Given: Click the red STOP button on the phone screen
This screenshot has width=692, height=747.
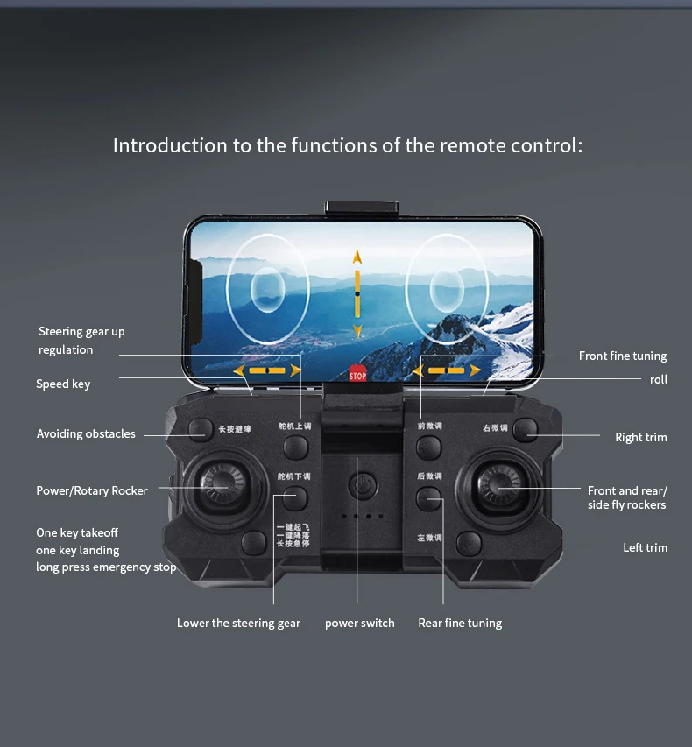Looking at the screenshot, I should (x=357, y=374).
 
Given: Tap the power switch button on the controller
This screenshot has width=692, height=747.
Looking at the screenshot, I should (x=360, y=483).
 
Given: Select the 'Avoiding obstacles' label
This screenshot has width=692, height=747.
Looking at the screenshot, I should (x=86, y=434).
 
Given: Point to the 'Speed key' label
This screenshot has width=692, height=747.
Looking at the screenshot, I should (x=63, y=384).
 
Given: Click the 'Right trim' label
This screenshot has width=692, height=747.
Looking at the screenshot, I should (x=640, y=438).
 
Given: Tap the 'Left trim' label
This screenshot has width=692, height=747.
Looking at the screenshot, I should (x=645, y=548).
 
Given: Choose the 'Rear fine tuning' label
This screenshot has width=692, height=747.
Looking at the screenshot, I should (x=460, y=624).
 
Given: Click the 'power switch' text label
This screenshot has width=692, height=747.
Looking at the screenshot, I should (x=359, y=624).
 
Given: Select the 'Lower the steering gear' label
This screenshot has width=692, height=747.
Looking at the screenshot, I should (x=238, y=624).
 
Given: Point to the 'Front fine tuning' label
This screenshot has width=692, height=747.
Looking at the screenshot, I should (x=623, y=356).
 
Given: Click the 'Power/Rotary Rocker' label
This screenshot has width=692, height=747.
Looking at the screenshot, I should (x=92, y=491).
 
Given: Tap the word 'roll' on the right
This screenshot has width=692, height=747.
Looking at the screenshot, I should (x=658, y=380).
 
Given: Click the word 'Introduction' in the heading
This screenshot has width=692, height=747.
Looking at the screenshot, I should (x=170, y=145).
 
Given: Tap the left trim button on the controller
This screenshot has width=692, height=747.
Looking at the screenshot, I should (x=470, y=542).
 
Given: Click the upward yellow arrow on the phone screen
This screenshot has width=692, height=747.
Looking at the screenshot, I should (x=357, y=257).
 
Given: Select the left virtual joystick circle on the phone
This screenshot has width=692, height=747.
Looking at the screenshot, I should (x=267, y=288).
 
